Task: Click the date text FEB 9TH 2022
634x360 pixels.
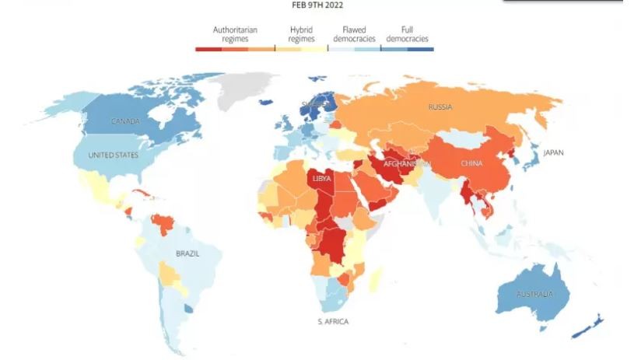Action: (x=317, y=5)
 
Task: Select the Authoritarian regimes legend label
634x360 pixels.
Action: (x=235, y=34)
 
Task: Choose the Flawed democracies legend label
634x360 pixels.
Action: (x=354, y=34)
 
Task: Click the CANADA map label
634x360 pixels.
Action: (x=125, y=121)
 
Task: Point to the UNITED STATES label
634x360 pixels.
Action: (x=113, y=156)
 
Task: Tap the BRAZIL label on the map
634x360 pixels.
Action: (x=187, y=253)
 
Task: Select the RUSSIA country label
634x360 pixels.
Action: (x=440, y=107)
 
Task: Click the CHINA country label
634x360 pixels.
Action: (x=471, y=163)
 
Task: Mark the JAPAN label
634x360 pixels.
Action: (x=553, y=152)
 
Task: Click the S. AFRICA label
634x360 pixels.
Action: (x=333, y=321)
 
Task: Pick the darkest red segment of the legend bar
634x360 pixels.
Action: (x=208, y=48)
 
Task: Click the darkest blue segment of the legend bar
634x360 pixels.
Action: (x=420, y=48)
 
